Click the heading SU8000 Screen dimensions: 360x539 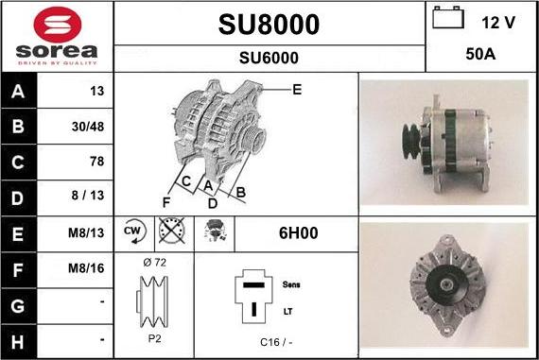point(269,24)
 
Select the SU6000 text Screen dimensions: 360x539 point(269,58)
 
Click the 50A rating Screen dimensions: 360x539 point(480,55)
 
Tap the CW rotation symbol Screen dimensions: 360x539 point(133,231)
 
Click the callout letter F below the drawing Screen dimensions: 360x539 point(166,201)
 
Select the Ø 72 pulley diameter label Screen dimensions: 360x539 point(154,262)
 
